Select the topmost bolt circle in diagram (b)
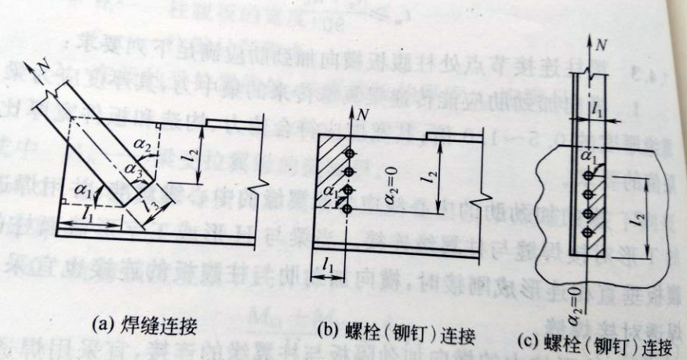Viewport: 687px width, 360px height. tap(346, 151)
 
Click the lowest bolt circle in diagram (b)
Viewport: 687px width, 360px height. tap(346, 208)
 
